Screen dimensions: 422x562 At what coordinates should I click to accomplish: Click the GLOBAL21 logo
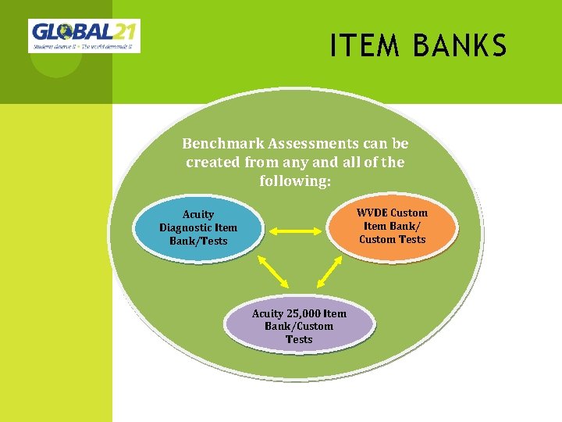tap(84, 36)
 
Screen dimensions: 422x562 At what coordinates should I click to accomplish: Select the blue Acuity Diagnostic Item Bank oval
tap(198, 227)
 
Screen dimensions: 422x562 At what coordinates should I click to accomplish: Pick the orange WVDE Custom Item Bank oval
tap(392, 226)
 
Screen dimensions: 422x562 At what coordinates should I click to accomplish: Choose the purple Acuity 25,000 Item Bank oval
tap(299, 326)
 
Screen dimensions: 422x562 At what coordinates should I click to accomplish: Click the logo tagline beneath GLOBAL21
tap(84, 47)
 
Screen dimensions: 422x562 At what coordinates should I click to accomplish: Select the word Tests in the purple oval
tap(299, 339)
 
